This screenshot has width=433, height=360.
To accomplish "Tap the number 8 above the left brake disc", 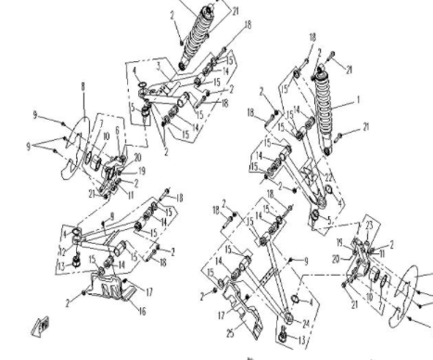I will tap(83, 86).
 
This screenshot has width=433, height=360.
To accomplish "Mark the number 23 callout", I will tap(369, 225).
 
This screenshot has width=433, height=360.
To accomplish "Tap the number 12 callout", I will tap(62, 251).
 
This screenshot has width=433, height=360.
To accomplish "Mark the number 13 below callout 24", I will tap(300, 341).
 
